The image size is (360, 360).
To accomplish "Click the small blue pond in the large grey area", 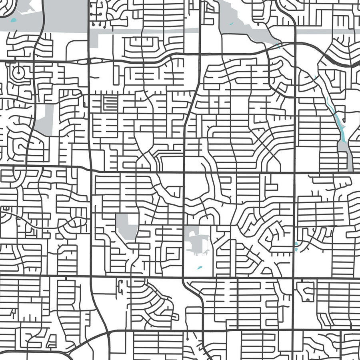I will (15, 20).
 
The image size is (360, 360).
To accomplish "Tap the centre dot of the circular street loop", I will (18, 72).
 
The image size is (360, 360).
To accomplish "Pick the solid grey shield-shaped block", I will (127, 226).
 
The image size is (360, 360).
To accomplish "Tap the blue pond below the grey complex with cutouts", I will (199, 268).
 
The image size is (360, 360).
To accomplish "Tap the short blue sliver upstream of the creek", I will (316, 77).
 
